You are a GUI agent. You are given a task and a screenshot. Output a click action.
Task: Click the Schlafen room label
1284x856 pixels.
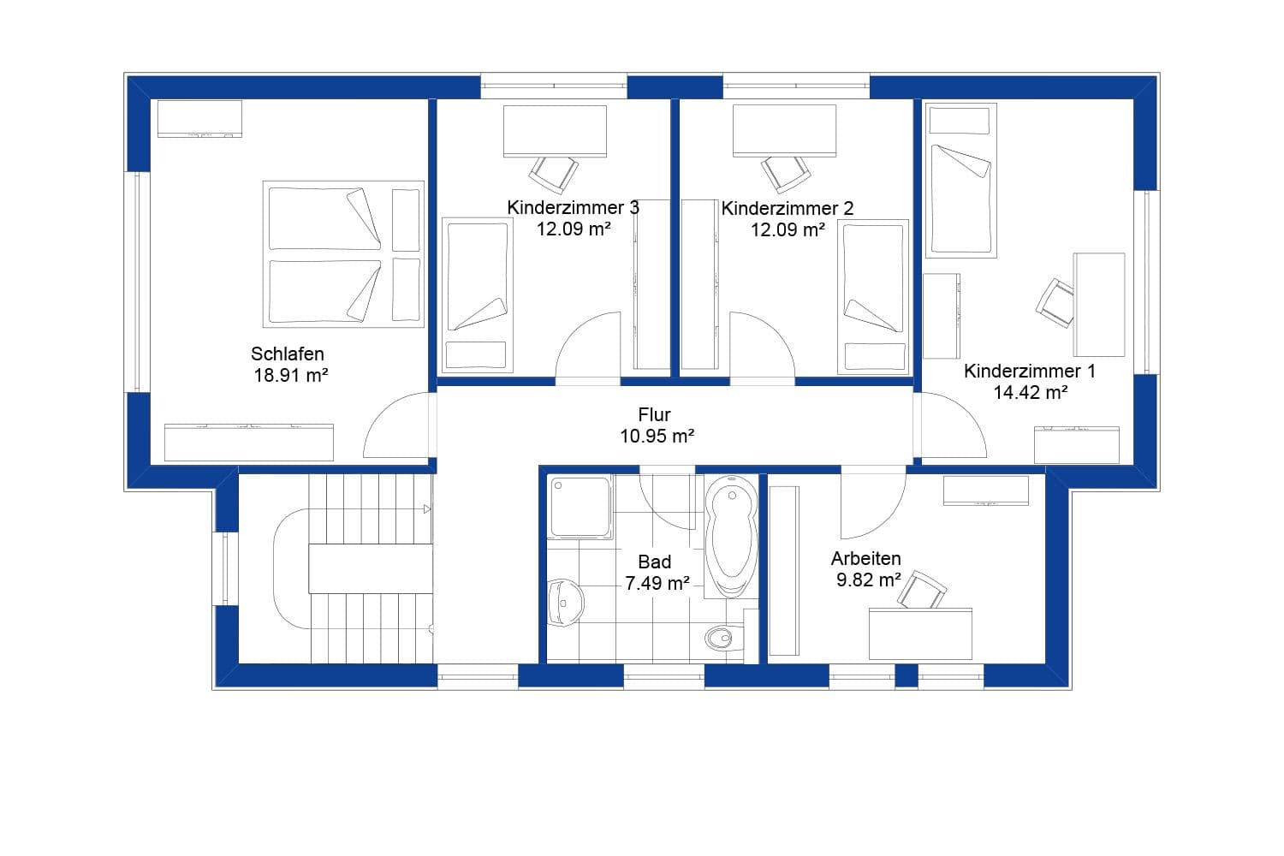(x=288, y=354)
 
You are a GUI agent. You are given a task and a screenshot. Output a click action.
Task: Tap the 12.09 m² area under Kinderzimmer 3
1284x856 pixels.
(x=574, y=229)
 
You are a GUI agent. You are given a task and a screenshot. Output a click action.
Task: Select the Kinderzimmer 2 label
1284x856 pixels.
(x=788, y=208)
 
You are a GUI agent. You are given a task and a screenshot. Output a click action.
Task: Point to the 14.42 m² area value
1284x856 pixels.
(x=1030, y=393)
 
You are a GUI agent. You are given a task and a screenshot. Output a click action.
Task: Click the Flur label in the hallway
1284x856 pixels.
(x=655, y=415)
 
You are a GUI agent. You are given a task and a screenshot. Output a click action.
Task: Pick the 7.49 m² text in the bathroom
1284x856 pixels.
(x=657, y=584)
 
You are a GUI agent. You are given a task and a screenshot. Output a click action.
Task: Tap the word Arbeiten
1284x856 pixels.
(x=865, y=559)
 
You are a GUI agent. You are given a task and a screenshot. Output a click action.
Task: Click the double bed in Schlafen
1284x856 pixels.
(x=343, y=254)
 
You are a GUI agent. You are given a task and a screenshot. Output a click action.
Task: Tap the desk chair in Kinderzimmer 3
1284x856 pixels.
(x=552, y=174)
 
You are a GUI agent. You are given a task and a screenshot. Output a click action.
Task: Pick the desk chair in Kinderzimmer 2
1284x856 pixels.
(x=787, y=174)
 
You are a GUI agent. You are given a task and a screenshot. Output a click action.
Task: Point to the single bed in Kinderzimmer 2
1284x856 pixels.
(x=873, y=295)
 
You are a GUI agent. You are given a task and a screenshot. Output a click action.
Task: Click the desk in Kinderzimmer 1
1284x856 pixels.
(x=1099, y=304)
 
